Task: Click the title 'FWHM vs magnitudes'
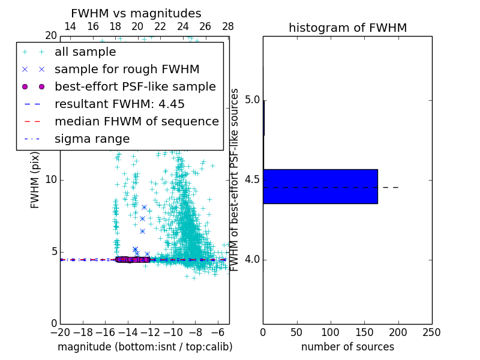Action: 136,14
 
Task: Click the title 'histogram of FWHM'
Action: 347,28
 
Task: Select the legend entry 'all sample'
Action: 85,52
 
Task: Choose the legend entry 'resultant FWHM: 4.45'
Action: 119,104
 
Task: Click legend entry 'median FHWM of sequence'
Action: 136,121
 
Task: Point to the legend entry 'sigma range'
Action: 92,139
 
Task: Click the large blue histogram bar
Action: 320,187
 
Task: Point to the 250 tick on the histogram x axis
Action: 431,332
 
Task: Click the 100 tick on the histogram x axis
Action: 331,332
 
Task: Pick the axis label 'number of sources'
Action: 347,347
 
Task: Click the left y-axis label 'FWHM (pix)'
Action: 35,180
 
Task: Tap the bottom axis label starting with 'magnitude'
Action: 145,347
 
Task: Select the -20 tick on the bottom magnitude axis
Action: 60,332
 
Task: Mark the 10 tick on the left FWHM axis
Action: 50,180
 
